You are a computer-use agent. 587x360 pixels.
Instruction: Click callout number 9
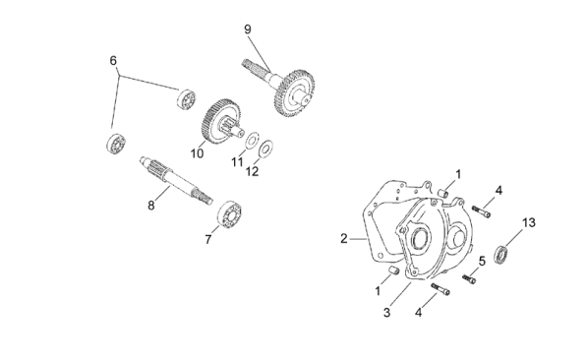pyautogui.click(x=248, y=30)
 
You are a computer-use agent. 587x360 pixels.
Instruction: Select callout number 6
pyautogui.click(x=113, y=61)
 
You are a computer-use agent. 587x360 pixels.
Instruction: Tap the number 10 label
pyautogui.click(x=197, y=153)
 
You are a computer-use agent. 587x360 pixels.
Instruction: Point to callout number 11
pyautogui.click(x=237, y=162)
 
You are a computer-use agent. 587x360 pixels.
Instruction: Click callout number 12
pyautogui.click(x=252, y=171)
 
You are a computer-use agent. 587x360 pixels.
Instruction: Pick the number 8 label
pyautogui.click(x=150, y=206)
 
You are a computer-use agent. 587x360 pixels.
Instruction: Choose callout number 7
pyautogui.click(x=208, y=239)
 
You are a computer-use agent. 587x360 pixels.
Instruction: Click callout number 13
pyautogui.click(x=529, y=223)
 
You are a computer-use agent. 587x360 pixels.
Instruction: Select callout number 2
pyautogui.click(x=344, y=239)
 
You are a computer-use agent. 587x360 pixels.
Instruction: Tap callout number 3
pyautogui.click(x=386, y=313)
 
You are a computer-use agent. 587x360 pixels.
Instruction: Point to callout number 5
pyautogui.click(x=482, y=261)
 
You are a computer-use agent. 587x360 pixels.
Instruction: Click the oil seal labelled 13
pyautogui.click(x=500, y=255)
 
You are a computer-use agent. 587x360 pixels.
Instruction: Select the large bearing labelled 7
pyautogui.click(x=229, y=214)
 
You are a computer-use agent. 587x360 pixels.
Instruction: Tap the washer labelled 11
pyautogui.click(x=252, y=140)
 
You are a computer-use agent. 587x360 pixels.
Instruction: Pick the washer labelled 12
pyautogui.click(x=265, y=149)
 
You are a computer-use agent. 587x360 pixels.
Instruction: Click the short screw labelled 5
pyautogui.click(x=469, y=278)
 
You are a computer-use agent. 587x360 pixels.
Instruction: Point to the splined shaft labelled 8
pyautogui.click(x=176, y=181)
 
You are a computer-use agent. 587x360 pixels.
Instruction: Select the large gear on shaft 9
pyautogui.click(x=294, y=92)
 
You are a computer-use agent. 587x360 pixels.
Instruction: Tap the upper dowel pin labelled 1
pyautogui.click(x=442, y=194)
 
